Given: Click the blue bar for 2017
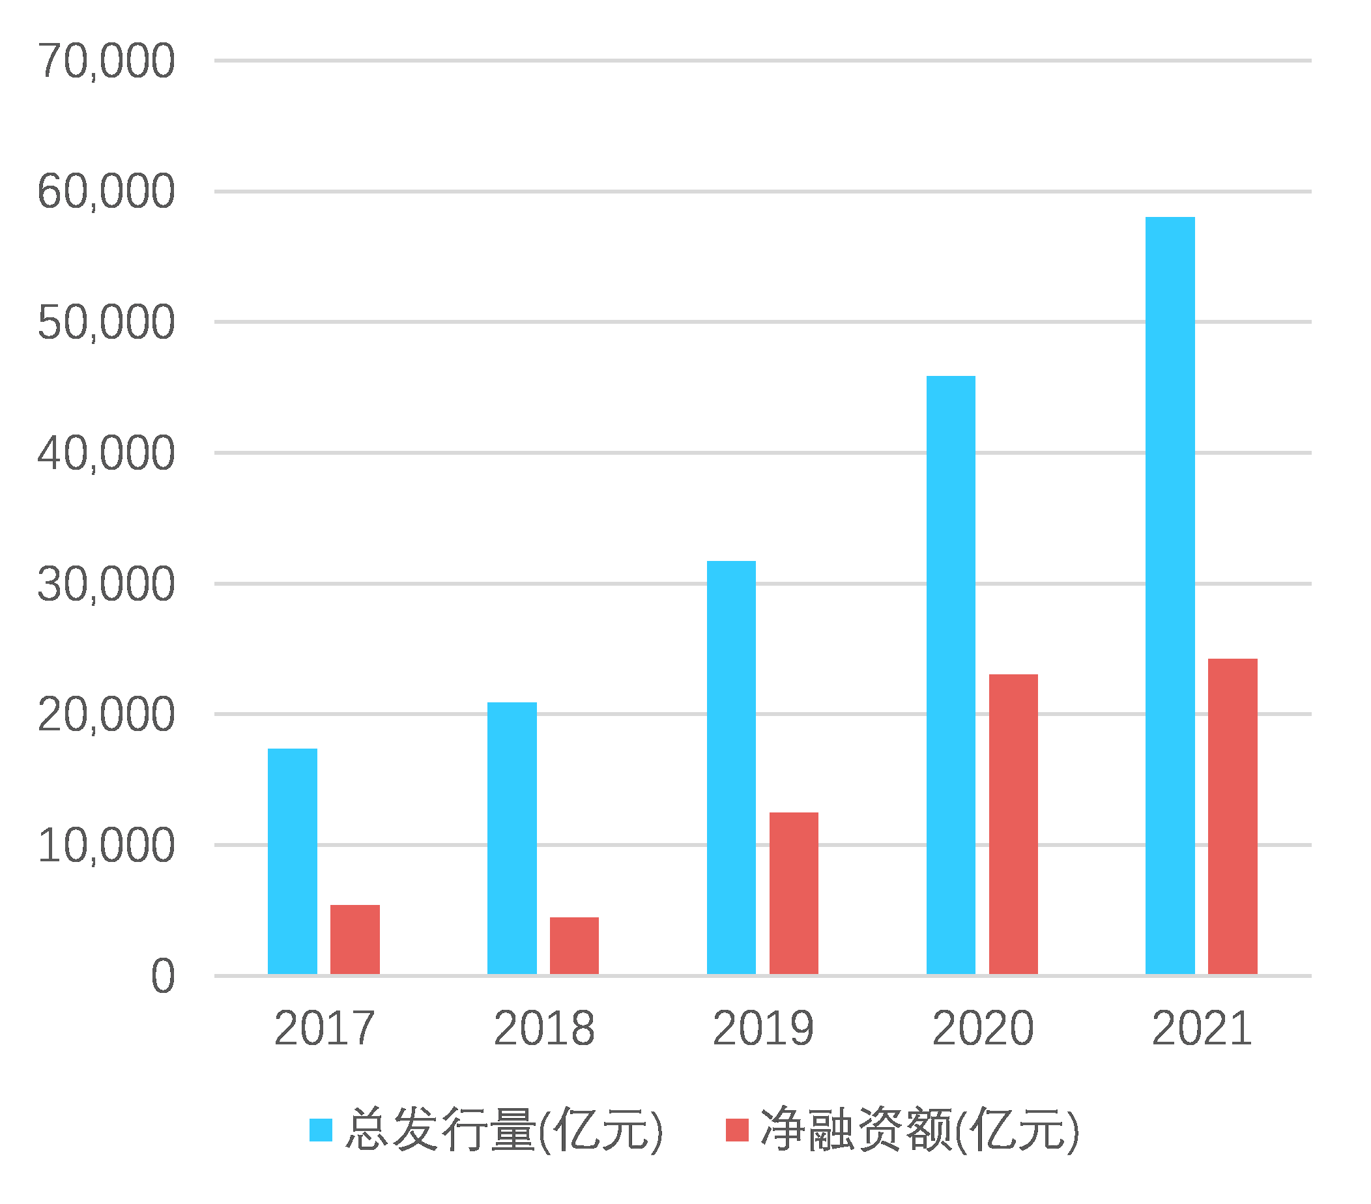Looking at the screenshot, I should (293, 861).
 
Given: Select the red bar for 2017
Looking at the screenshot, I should (355, 939).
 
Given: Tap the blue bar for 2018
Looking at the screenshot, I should (512, 838).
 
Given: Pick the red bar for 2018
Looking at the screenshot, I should (574, 946).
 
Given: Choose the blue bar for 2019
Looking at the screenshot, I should (731, 767).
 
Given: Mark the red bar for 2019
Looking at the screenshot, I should (794, 893).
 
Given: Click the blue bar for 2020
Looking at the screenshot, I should (951, 675).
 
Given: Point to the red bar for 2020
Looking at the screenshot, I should (1013, 824).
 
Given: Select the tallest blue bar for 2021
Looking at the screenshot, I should (1170, 595).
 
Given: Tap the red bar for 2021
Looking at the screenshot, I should (1232, 816).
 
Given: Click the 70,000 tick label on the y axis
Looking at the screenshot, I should (106, 62).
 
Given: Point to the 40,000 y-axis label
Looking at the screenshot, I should (106, 454).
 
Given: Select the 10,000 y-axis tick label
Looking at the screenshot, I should (106, 846).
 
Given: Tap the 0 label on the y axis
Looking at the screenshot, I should (162, 977).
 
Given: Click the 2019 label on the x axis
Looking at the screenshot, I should (762, 1029).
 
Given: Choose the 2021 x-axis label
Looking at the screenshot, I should (1202, 1029).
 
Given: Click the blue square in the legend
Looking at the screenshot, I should (321, 1130).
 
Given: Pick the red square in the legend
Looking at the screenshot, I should (737, 1130).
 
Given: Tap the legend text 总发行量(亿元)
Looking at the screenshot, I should (504, 1130).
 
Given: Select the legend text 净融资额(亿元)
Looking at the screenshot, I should (919, 1130).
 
